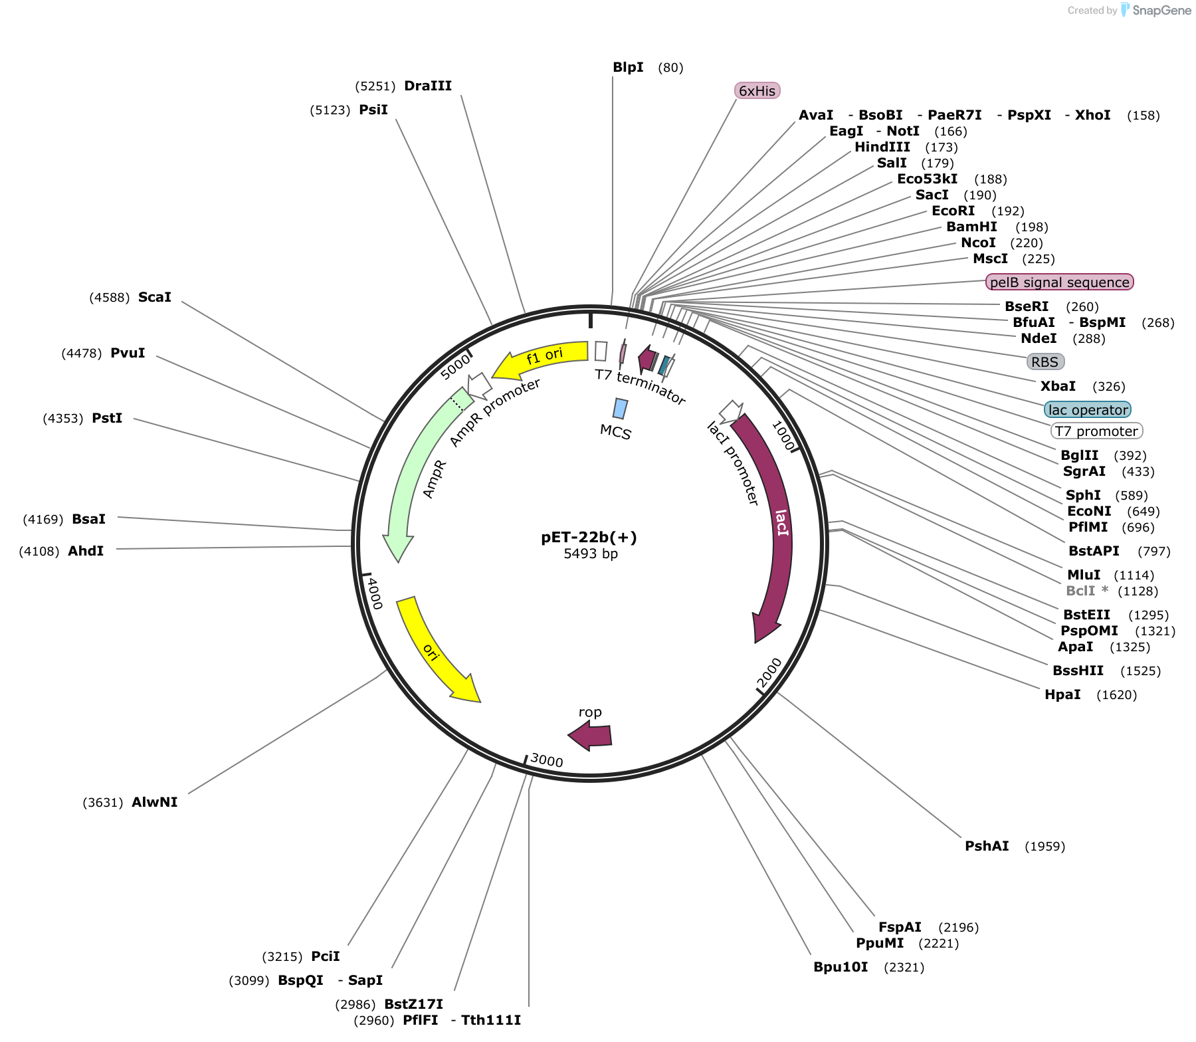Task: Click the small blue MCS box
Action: tap(620, 409)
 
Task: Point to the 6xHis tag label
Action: tap(757, 90)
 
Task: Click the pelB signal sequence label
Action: tap(1059, 282)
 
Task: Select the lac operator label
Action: tap(1088, 409)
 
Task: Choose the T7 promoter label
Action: tap(1096, 431)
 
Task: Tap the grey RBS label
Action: tap(1045, 362)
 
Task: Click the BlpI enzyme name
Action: tap(628, 67)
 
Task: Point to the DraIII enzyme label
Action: tap(428, 86)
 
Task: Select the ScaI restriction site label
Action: tap(155, 297)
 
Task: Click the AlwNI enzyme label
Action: tap(155, 802)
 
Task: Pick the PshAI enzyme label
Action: tap(987, 846)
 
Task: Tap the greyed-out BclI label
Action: tap(1080, 591)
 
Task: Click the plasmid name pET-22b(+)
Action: tap(589, 537)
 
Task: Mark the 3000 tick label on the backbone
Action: tap(547, 760)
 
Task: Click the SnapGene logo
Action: tap(1156, 10)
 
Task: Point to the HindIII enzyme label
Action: tap(882, 147)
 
